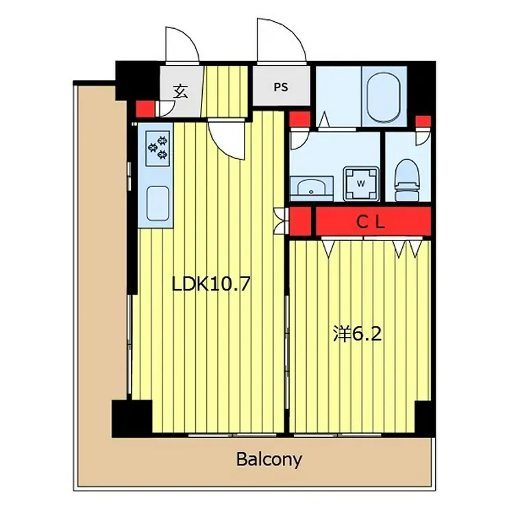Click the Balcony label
click(269, 460)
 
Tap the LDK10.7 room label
click(211, 284)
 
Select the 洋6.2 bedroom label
click(357, 334)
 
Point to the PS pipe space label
click(281, 87)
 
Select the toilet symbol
click(408, 180)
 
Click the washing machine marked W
click(361, 184)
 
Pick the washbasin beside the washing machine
click(311, 187)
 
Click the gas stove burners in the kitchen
click(158, 148)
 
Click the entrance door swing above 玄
click(182, 45)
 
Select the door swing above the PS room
click(282, 40)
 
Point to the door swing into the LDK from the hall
click(226, 139)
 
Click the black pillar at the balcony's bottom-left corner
click(132, 419)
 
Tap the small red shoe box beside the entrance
click(145, 109)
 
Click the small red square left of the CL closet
click(300, 221)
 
